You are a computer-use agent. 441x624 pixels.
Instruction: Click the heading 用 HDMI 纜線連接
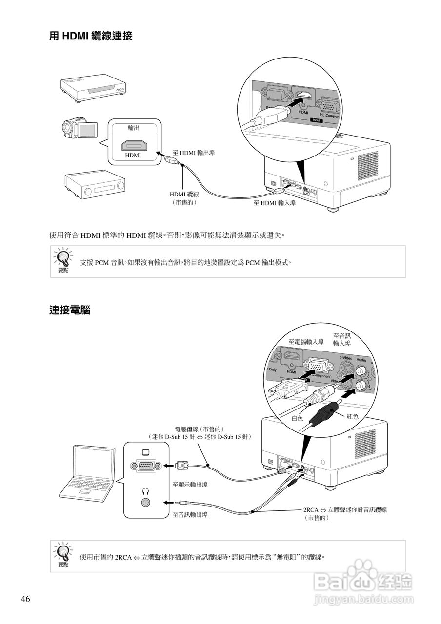pos(91,36)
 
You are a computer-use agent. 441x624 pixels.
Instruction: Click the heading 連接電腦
pos(70,310)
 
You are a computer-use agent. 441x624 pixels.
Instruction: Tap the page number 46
pos(25,599)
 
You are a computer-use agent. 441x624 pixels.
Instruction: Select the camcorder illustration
pos(79,129)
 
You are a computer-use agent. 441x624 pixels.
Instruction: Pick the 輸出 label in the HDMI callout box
pos(134,127)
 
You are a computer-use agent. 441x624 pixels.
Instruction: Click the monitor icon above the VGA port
pos(144,453)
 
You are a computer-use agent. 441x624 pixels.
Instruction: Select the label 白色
pos(298,418)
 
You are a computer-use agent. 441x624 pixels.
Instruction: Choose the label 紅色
pos(352,416)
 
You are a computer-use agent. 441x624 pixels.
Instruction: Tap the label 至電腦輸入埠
pos(306,342)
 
